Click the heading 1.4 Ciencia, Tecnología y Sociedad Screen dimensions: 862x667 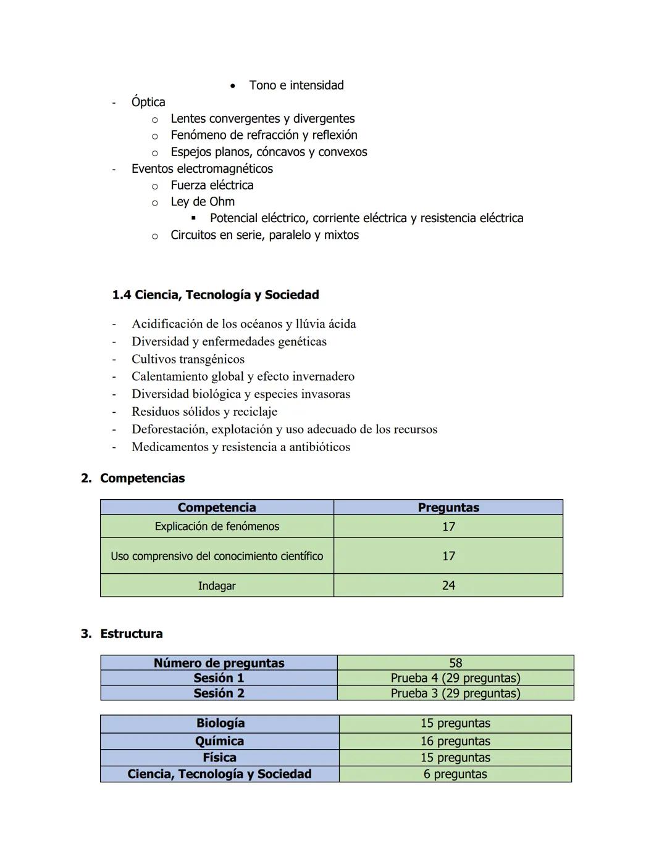pyautogui.click(x=215, y=295)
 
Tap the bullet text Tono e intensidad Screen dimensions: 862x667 pyautogui.click(x=296, y=85)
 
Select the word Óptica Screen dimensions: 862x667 pyautogui.click(x=148, y=102)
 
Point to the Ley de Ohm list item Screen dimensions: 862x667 pyautogui.click(x=203, y=202)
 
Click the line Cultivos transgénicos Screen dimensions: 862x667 pyautogui.click(x=188, y=359)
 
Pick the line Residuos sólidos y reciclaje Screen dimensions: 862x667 pyautogui.click(x=204, y=412)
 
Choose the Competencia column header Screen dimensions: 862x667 pyautogui.click(x=216, y=507)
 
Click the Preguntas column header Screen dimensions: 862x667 pyautogui.click(x=448, y=507)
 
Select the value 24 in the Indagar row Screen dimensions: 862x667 pyautogui.click(x=448, y=586)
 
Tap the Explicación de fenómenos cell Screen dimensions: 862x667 pyautogui.click(x=217, y=526)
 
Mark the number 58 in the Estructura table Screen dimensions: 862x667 pyautogui.click(x=455, y=663)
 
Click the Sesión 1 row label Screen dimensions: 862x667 pyautogui.click(x=219, y=678)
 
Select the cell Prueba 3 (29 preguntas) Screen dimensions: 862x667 pyautogui.click(x=455, y=693)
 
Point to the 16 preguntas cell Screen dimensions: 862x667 pyautogui.click(x=455, y=741)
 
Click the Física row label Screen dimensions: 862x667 pyautogui.click(x=219, y=758)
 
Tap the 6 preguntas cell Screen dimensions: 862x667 pyautogui.click(x=455, y=774)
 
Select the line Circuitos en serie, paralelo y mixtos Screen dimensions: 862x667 pyautogui.click(x=264, y=235)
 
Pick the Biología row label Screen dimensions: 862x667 pyautogui.click(x=220, y=723)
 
